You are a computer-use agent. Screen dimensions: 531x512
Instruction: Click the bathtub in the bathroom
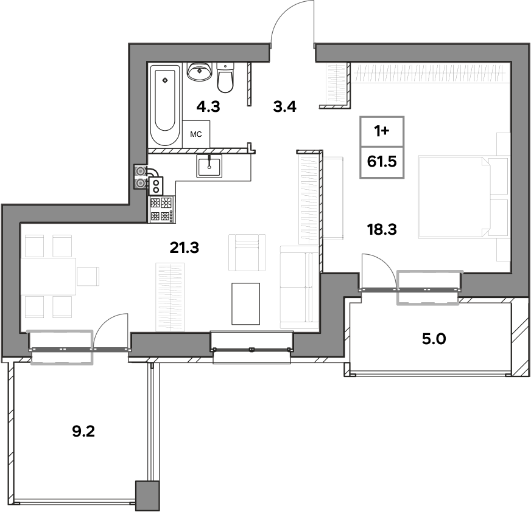click(x=164, y=106)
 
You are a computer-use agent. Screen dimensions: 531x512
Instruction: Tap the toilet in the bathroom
click(x=225, y=77)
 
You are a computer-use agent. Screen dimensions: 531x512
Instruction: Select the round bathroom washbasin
click(x=200, y=71)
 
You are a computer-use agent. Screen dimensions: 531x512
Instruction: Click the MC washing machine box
click(x=196, y=134)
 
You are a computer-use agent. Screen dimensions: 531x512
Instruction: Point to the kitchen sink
click(x=209, y=166)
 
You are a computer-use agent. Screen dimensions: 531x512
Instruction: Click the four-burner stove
click(x=162, y=210)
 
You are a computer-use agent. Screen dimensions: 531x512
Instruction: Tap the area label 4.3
click(x=208, y=107)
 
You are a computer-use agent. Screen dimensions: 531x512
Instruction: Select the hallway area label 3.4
click(x=285, y=107)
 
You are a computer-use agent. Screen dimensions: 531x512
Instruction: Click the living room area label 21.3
click(x=185, y=248)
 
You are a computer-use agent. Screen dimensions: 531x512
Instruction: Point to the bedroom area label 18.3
click(x=382, y=229)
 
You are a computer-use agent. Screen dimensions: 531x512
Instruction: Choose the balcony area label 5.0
click(x=434, y=339)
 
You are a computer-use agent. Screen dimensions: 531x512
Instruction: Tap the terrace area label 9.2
click(x=83, y=432)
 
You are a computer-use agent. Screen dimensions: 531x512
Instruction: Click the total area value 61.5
click(x=382, y=162)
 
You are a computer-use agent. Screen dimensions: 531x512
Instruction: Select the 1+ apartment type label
click(x=382, y=131)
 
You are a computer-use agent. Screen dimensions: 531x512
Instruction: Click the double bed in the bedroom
click(x=464, y=197)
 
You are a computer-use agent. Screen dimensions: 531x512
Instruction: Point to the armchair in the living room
click(x=247, y=252)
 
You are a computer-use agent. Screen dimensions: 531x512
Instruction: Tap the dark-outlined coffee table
click(x=245, y=303)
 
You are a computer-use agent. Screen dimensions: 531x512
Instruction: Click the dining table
click(x=49, y=276)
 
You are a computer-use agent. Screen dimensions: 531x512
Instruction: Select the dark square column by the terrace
click(x=147, y=496)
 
